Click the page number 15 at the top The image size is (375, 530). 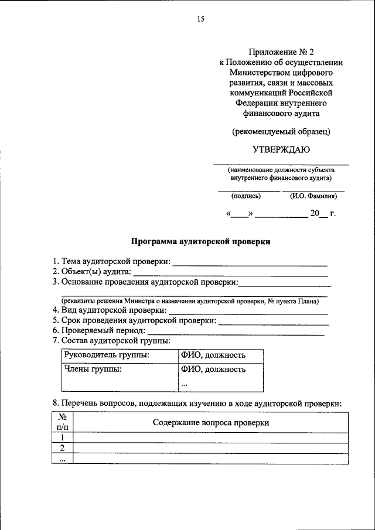coord(200,19)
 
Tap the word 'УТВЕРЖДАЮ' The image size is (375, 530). coord(281,150)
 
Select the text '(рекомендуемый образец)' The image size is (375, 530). coord(281,132)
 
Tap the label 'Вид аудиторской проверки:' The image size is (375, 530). coord(110,310)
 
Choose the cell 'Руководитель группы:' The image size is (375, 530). coord(107,355)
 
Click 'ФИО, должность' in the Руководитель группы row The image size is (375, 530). coord(213,355)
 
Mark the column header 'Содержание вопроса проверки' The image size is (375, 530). coord(211,422)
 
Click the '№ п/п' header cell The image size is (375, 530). coord(62,422)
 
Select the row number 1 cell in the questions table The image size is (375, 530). coord(62,437)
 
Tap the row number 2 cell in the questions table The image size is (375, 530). coord(62,448)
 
